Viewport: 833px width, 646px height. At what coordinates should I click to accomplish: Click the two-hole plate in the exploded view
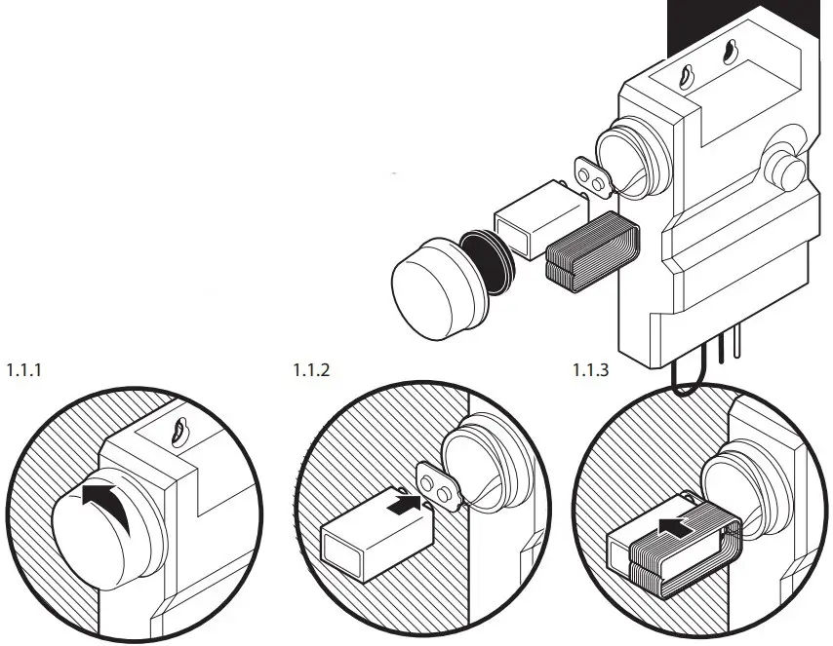[591, 176]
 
